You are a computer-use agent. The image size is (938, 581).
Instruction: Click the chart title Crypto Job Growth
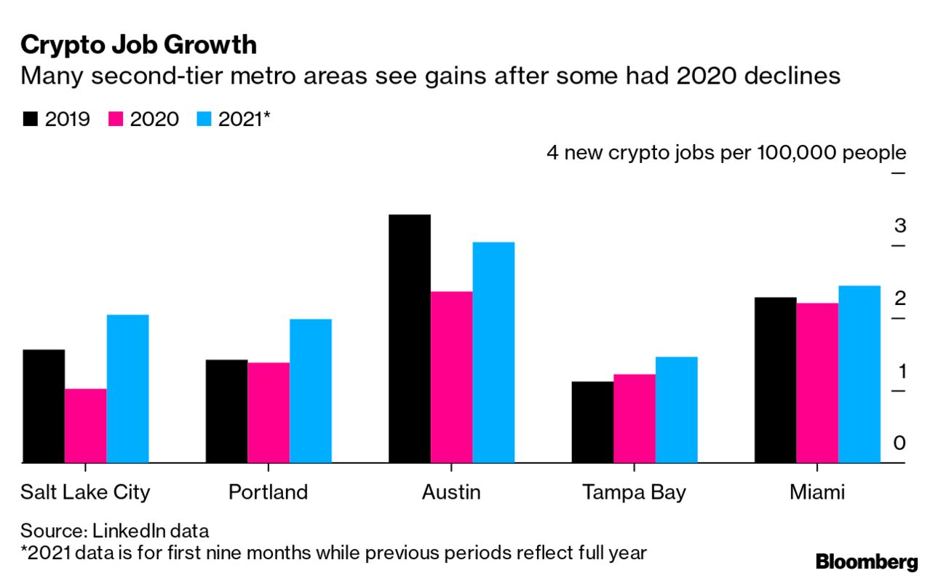(138, 45)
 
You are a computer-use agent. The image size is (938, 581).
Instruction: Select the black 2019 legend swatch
(30, 119)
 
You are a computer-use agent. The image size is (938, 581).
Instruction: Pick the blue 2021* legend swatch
(204, 119)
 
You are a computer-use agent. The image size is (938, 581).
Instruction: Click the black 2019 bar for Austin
(410, 339)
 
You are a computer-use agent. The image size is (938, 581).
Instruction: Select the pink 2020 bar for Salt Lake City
(85, 426)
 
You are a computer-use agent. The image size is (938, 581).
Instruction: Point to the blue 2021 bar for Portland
(311, 391)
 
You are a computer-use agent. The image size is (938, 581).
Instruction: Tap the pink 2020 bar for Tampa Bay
(635, 419)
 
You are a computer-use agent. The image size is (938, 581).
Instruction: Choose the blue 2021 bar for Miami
(859, 374)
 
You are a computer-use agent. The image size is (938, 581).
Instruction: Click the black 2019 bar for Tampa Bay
(592, 422)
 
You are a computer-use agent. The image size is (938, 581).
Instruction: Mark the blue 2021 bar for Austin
(493, 352)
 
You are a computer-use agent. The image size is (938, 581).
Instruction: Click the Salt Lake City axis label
(85, 492)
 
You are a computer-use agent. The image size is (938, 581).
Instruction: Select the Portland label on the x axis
(268, 492)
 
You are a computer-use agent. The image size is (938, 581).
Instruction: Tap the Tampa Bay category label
(634, 492)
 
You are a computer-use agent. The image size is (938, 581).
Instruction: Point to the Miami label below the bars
(817, 492)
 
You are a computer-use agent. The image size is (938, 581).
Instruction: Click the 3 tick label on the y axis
(900, 226)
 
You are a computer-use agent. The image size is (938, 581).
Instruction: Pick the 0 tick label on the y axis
(900, 443)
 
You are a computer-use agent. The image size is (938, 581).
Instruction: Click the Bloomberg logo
(867, 562)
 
